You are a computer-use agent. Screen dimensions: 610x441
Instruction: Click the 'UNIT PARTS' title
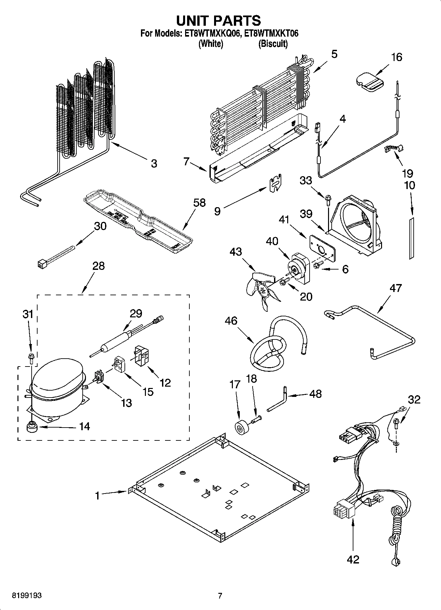(218, 20)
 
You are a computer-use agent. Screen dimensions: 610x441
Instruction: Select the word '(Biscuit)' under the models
(273, 44)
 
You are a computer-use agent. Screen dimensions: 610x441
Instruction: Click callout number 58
(200, 203)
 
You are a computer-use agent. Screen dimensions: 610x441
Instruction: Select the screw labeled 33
(328, 199)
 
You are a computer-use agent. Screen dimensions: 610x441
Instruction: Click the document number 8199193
(27, 595)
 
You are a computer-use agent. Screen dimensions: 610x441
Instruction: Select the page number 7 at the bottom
(220, 595)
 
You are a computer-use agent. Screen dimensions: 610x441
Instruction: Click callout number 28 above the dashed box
(98, 266)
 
